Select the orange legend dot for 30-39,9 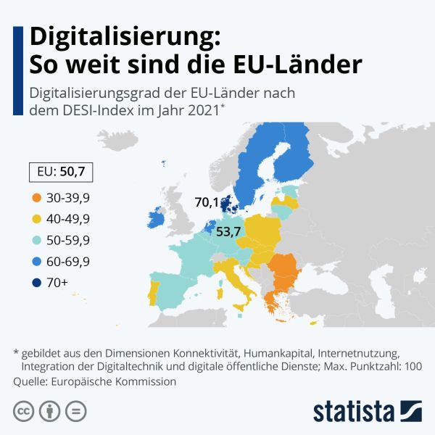click(x=35, y=196)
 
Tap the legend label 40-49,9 click(x=67, y=218)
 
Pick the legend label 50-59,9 click(x=67, y=240)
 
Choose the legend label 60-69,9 click(x=67, y=261)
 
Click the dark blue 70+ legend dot click(x=35, y=283)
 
